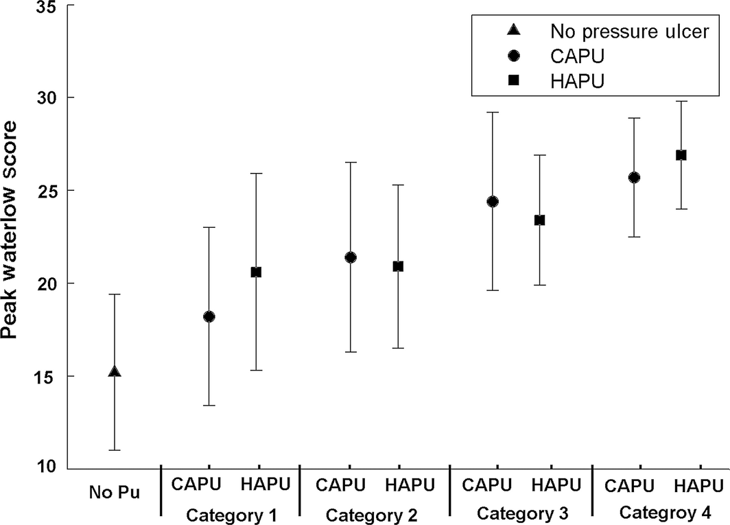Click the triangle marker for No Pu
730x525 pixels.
[x=115, y=372]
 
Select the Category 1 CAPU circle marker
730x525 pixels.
[x=209, y=316]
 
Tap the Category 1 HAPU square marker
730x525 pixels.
[x=256, y=272]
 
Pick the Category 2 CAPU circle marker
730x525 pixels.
[x=351, y=257]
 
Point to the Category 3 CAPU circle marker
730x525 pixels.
[x=493, y=201]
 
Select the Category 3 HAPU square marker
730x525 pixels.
[x=539, y=220]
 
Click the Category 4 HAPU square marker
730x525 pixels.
[x=681, y=155]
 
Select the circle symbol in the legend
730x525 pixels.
[x=511, y=56]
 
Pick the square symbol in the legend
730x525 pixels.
[x=511, y=81]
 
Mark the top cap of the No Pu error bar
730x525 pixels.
[x=115, y=294]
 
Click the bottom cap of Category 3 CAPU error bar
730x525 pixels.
[x=493, y=290]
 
